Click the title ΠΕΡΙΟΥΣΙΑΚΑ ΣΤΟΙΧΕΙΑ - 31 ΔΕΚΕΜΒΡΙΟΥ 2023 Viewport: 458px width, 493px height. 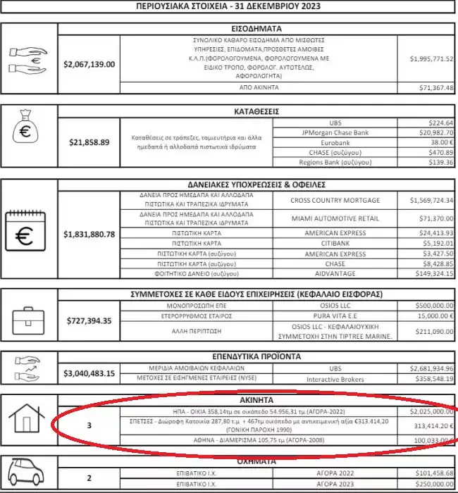pyautogui.click(x=229, y=6)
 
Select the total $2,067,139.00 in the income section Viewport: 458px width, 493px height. pyautogui.click(x=89, y=64)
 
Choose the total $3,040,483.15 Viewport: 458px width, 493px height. pyautogui.click(x=89, y=373)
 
